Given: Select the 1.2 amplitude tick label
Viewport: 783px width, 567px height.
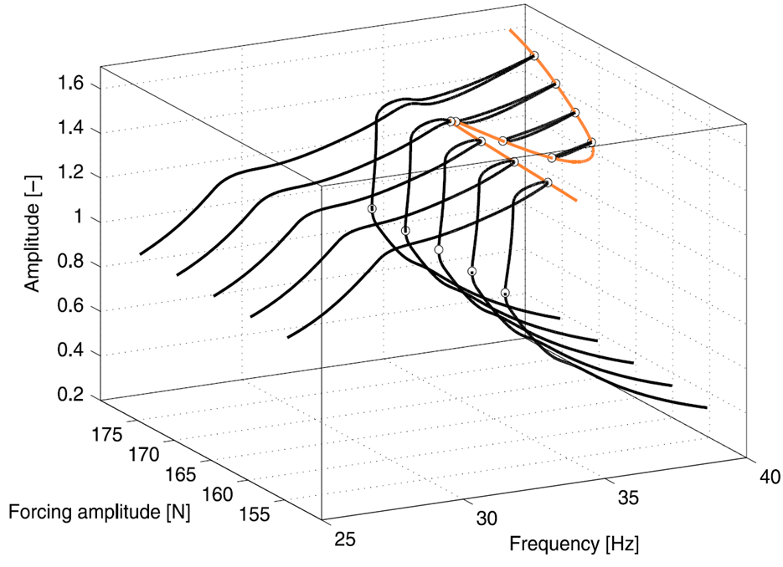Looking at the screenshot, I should pyautogui.click(x=71, y=176).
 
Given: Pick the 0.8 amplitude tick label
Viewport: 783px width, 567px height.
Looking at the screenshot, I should pyautogui.click(x=71, y=265).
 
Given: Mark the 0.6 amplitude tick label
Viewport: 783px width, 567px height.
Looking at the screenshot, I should pyautogui.click(x=71, y=309).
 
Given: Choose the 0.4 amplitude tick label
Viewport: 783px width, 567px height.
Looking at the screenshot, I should pyautogui.click(x=71, y=354).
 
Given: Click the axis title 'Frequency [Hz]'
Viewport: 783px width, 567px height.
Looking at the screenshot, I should pyautogui.click(x=574, y=544).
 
